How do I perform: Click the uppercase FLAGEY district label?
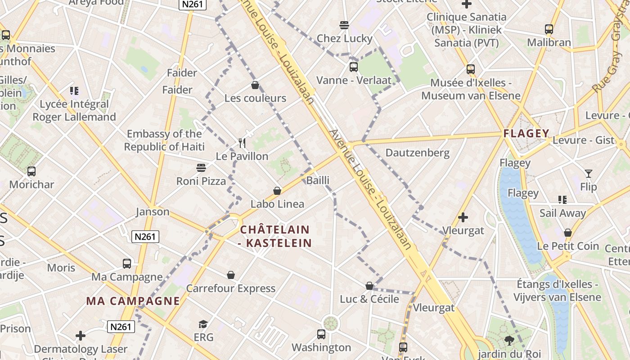click(x=526, y=133)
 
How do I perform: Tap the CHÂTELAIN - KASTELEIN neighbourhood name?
click(x=275, y=236)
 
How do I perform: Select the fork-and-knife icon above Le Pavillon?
click(x=242, y=144)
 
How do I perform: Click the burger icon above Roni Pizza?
click(x=201, y=168)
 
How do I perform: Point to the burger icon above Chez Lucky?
click(x=344, y=25)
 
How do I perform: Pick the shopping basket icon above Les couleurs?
click(x=255, y=85)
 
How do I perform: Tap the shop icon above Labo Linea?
click(x=277, y=191)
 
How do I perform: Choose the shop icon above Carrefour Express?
click(x=231, y=275)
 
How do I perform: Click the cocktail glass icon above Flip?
click(x=588, y=173)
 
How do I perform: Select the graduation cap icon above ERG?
click(x=203, y=324)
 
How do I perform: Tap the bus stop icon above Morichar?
click(x=31, y=171)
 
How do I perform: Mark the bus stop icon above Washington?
click(x=321, y=334)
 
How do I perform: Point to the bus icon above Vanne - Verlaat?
click(x=354, y=67)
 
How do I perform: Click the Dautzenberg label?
click(x=417, y=153)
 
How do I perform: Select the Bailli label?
click(x=318, y=180)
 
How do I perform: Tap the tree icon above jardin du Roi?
click(x=509, y=341)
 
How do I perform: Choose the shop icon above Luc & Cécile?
click(x=369, y=286)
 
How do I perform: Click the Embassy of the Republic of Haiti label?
click(x=164, y=140)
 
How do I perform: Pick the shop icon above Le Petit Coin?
click(x=568, y=233)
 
